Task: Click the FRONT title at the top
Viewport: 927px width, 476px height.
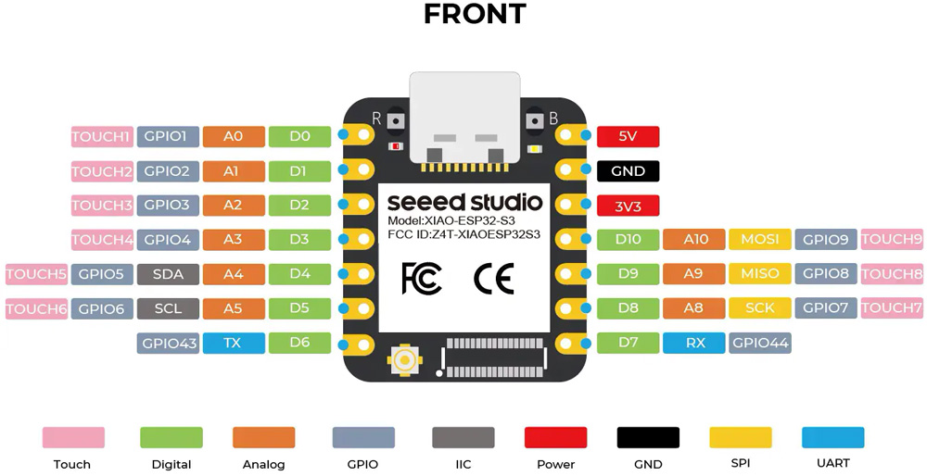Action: coord(475,14)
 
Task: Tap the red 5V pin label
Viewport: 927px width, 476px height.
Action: coord(628,136)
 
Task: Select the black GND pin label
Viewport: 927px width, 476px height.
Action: coord(628,171)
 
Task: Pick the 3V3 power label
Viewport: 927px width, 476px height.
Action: coord(628,207)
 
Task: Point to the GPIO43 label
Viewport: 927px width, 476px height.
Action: coord(168,344)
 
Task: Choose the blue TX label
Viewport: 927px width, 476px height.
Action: coord(234,344)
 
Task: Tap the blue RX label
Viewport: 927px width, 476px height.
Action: coord(693,344)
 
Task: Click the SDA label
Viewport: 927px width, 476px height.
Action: coord(168,274)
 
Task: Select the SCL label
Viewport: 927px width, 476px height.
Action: coord(168,308)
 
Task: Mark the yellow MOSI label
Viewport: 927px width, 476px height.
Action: coord(760,239)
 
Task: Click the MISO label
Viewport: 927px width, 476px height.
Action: coord(760,274)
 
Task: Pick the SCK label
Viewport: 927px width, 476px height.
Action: coord(760,308)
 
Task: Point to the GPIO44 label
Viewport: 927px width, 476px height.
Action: coord(760,344)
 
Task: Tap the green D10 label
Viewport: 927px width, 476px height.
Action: coord(628,239)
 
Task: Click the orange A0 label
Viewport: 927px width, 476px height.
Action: coord(234,136)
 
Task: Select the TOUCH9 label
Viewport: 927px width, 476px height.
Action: coord(892,239)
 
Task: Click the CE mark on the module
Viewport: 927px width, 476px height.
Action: coord(494,278)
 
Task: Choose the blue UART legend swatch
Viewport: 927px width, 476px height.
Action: coord(833,438)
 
